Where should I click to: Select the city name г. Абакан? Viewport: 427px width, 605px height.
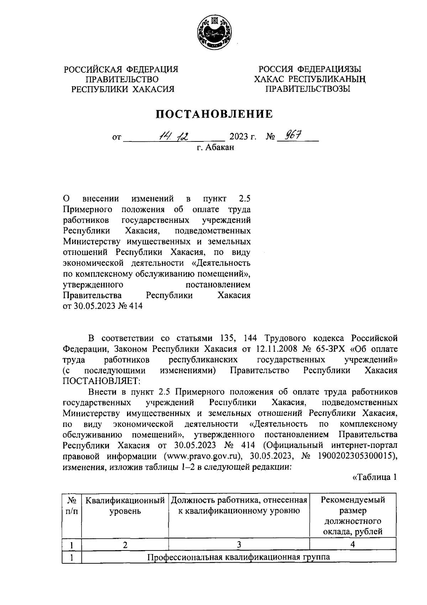pos(216,147)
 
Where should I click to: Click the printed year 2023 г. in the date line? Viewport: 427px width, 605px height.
pos(243,137)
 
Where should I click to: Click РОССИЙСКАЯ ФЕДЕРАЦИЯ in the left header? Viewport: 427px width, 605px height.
pos(121,69)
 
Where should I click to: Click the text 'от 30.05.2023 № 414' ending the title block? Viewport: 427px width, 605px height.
pos(102,306)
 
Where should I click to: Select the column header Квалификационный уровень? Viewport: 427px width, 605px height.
pos(125,506)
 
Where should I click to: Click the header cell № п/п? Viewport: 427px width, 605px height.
pos(72,506)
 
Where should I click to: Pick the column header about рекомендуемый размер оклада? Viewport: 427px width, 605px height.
pos(353,516)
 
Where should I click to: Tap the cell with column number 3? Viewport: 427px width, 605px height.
pos(239,544)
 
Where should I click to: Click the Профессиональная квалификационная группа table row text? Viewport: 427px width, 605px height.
pos(239,557)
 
